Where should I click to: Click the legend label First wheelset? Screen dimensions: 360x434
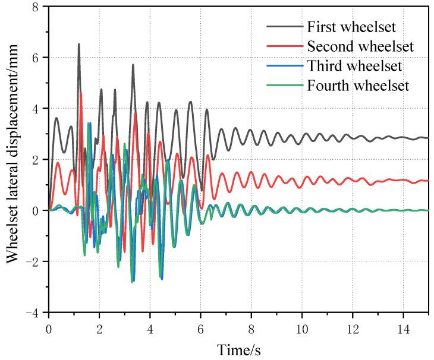pyautogui.click(x=350, y=27)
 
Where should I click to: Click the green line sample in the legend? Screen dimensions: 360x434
pyautogui.click(x=284, y=86)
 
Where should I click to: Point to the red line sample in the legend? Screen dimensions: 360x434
pyautogui.click(x=284, y=46)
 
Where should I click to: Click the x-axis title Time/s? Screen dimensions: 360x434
pyautogui.click(x=238, y=349)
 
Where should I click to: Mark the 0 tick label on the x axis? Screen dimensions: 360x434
pyautogui.click(x=48, y=327)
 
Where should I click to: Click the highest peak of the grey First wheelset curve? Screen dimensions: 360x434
pyautogui.click(x=78, y=44)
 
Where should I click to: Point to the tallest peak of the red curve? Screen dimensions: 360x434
pyautogui.click(x=81, y=93)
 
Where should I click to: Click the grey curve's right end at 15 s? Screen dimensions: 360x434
pyautogui.click(x=427, y=138)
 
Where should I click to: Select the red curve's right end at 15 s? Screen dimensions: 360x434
pyautogui.click(x=427, y=181)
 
